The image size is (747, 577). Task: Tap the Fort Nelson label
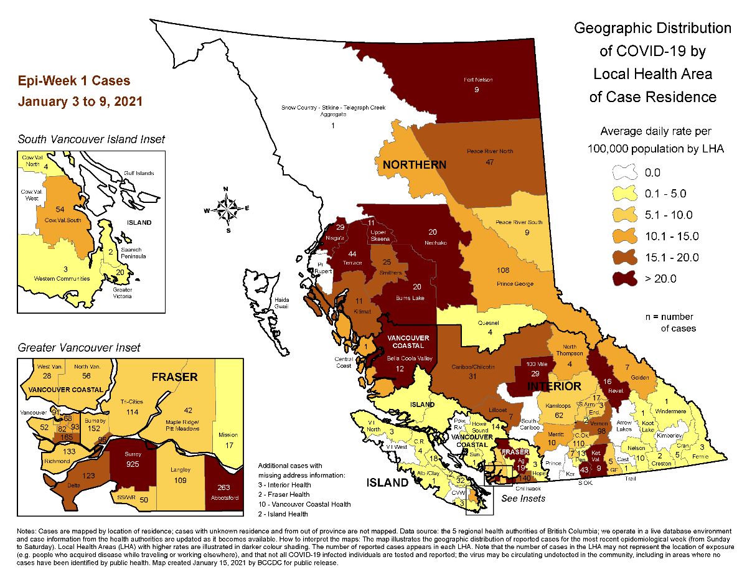click(x=476, y=80)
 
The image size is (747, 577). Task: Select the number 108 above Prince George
click(x=503, y=270)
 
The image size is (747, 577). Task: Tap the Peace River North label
click(x=490, y=151)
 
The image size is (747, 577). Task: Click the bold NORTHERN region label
click(x=414, y=165)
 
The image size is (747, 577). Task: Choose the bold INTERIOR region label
click(x=554, y=387)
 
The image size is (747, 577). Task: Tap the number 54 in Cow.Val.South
click(x=43, y=210)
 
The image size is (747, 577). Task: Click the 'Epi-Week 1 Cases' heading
click(x=74, y=82)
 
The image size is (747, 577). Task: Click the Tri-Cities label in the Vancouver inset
click(x=131, y=402)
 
